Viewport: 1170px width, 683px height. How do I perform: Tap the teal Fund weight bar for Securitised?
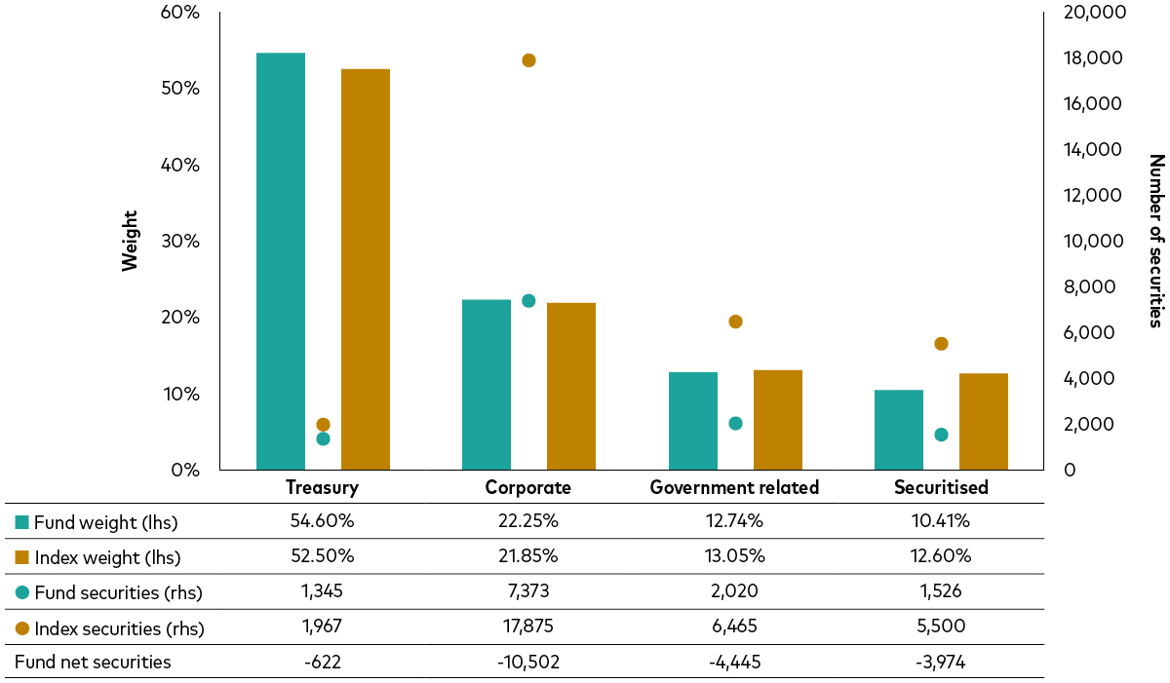pos(899,430)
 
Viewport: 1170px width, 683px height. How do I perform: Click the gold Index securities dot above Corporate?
pos(528,60)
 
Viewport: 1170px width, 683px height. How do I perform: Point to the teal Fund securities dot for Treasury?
pos(323,438)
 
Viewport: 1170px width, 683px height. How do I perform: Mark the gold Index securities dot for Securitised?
pos(941,344)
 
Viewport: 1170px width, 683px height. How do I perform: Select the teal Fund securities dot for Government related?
pos(735,424)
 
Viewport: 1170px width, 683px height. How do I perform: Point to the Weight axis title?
pos(130,241)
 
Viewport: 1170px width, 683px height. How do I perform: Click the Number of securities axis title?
pos(1155,241)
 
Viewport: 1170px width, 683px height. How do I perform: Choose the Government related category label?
pos(734,487)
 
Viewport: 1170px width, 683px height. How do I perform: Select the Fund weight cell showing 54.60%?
pos(322,521)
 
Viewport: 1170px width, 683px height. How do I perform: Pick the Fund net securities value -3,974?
pos(941,663)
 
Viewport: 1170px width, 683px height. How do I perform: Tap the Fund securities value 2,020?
pos(734,592)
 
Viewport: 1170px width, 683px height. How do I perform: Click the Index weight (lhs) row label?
pos(107,557)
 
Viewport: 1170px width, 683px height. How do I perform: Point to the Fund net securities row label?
pos(93,663)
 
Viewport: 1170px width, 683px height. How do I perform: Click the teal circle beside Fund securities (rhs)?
pos(22,592)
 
